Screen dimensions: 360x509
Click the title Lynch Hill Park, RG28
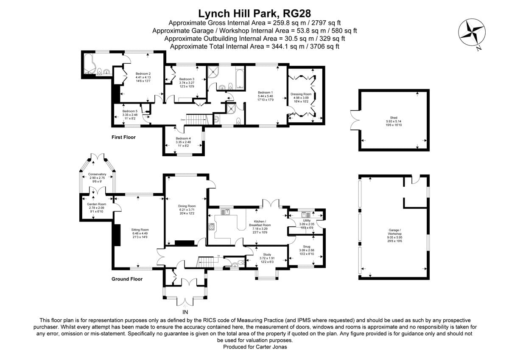254,14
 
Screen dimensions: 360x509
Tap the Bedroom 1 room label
266,93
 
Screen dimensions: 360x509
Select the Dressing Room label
301,94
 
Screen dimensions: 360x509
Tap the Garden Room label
97,204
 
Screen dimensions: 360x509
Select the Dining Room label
187,206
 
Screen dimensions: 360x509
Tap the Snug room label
306,247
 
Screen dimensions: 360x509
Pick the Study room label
267,255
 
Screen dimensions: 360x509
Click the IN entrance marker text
185,312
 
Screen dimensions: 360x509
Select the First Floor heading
123,137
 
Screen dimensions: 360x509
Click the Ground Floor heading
127,279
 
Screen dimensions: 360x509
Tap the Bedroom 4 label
184,138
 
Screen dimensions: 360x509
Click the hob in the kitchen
211,227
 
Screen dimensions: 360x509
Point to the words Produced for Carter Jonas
254,347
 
